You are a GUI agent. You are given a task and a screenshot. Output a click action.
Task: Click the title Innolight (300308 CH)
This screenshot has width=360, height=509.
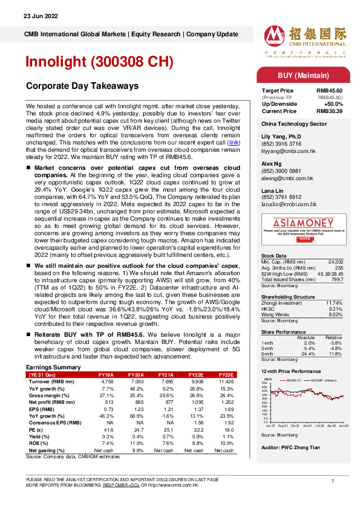[99, 62]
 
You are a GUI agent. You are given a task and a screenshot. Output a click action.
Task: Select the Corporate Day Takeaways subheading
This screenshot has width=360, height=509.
[83, 86]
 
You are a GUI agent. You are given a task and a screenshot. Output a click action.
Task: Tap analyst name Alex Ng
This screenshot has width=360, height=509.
[272, 164]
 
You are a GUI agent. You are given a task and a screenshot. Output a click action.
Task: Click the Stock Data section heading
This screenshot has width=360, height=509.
[275, 256]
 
